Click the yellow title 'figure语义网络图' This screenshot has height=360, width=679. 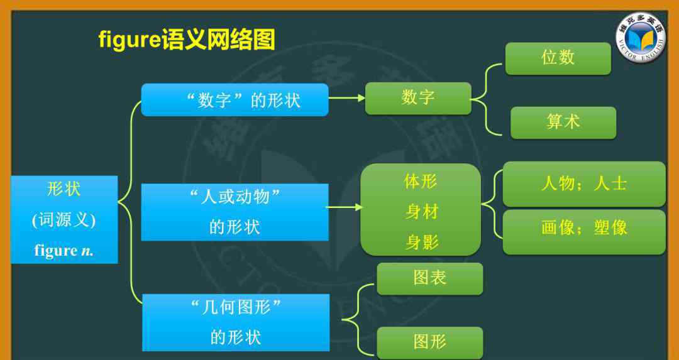pos(187,40)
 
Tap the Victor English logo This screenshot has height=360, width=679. pos(641,37)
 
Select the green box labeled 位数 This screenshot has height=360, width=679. pos(558,58)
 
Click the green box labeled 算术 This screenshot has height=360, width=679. pos(563,123)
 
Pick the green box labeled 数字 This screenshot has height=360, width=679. pos(418,99)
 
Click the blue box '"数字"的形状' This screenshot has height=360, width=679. pos(235,100)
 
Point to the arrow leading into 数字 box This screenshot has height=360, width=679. pos(347,98)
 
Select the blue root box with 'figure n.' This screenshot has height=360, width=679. pos(64,219)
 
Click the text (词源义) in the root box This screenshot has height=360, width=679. pos(63,221)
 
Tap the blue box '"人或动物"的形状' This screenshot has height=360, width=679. pos(235,212)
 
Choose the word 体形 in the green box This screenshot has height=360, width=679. pos(421,182)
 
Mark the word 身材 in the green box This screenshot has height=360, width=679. pos(422,212)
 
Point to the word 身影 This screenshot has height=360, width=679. pos(422,243)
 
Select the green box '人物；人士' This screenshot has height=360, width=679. pos(584,184)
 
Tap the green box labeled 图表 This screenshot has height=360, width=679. pos(430,279)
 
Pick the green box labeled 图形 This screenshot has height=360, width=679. pos(430,342)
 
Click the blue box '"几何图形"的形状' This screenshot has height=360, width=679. pos(236,322)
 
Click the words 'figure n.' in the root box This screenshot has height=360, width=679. pos(63,251)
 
